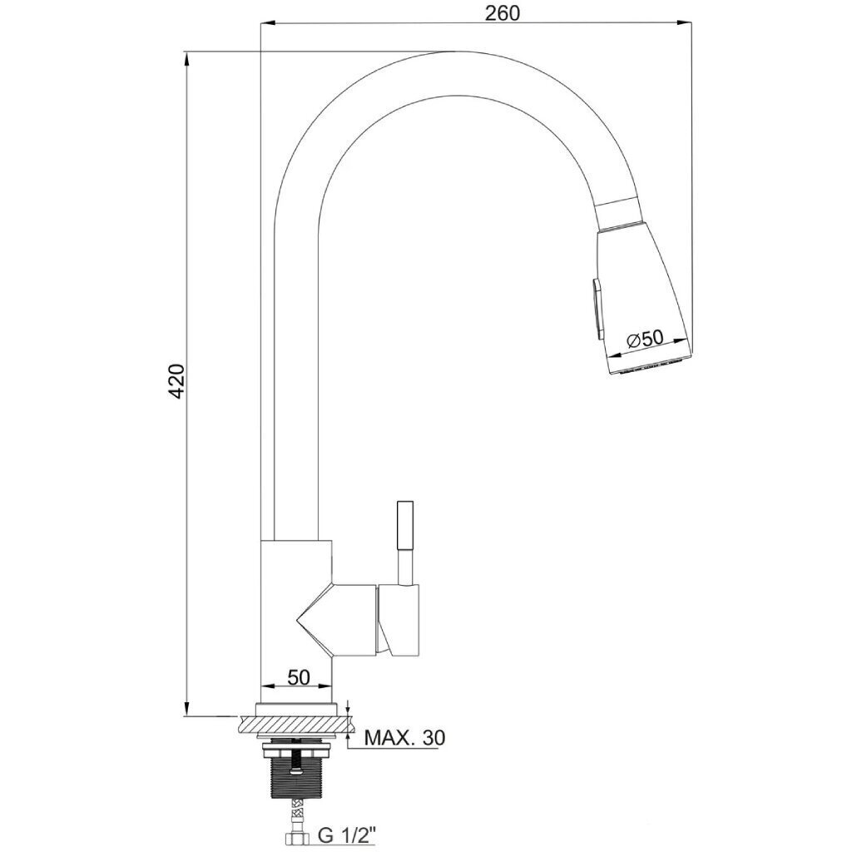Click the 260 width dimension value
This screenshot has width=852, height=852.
point(502,13)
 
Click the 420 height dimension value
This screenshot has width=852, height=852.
point(178,381)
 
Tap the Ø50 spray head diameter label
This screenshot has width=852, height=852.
point(646,339)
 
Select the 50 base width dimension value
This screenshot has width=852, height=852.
point(299,677)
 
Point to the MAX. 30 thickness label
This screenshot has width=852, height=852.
point(405,738)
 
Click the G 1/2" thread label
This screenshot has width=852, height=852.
point(348,835)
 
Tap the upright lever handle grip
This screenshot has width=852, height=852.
point(406,525)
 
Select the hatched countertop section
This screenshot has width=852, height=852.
point(295,726)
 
